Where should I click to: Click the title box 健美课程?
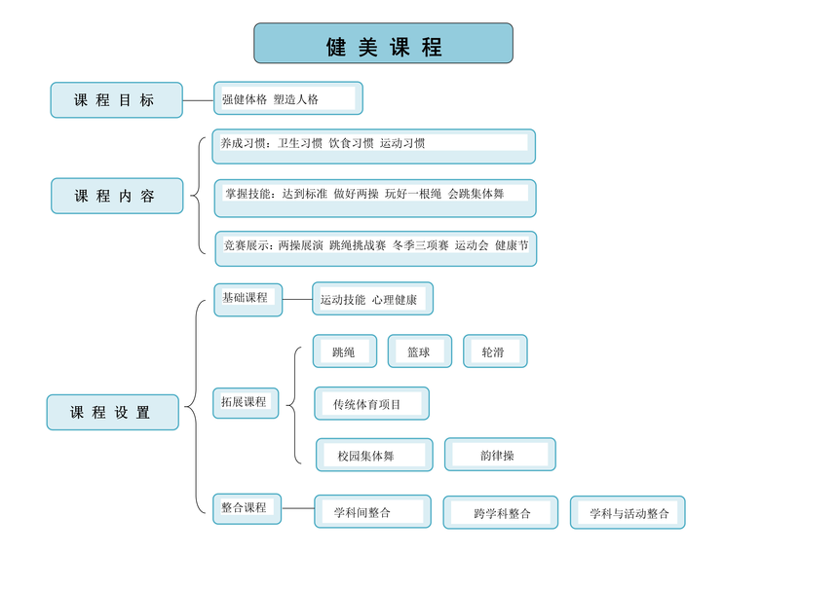tap(383, 43)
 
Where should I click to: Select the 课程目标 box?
tap(117, 100)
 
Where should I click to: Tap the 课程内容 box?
tap(117, 196)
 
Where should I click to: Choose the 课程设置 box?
tap(113, 412)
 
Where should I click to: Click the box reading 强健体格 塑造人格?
tap(288, 98)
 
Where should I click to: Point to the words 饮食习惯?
tap(351, 143)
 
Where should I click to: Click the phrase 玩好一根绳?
tap(413, 194)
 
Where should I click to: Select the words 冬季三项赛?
tap(421, 245)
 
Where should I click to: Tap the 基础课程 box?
tap(248, 300)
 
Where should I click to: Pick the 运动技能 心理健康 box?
tap(372, 299)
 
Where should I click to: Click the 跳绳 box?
tap(345, 351)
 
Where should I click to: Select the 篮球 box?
tap(420, 351)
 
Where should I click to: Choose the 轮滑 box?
tap(495, 351)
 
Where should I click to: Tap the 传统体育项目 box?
tap(371, 404)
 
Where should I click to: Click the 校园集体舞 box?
tap(374, 455)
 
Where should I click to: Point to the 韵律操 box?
tap(500, 455)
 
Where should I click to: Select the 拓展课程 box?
tap(246, 403)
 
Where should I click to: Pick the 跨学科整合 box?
tap(501, 512)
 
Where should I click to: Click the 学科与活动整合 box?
tap(628, 512)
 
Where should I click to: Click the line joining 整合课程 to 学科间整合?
tap(297, 508)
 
